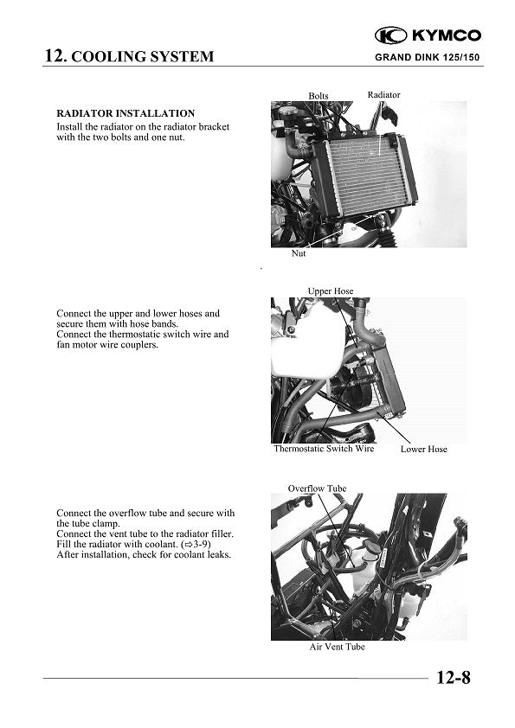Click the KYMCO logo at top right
click(428, 35)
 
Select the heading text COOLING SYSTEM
click(142, 58)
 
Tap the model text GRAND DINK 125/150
click(428, 58)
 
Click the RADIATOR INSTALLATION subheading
click(126, 113)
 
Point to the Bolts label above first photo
click(319, 95)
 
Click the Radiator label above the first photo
click(383, 94)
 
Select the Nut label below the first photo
click(299, 254)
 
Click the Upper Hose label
click(331, 291)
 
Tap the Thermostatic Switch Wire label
click(324, 449)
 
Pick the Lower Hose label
click(423, 450)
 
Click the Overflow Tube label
click(317, 489)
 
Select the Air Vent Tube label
click(337, 648)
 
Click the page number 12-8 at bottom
click(453, 678)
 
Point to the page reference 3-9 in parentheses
click(198, 544)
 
